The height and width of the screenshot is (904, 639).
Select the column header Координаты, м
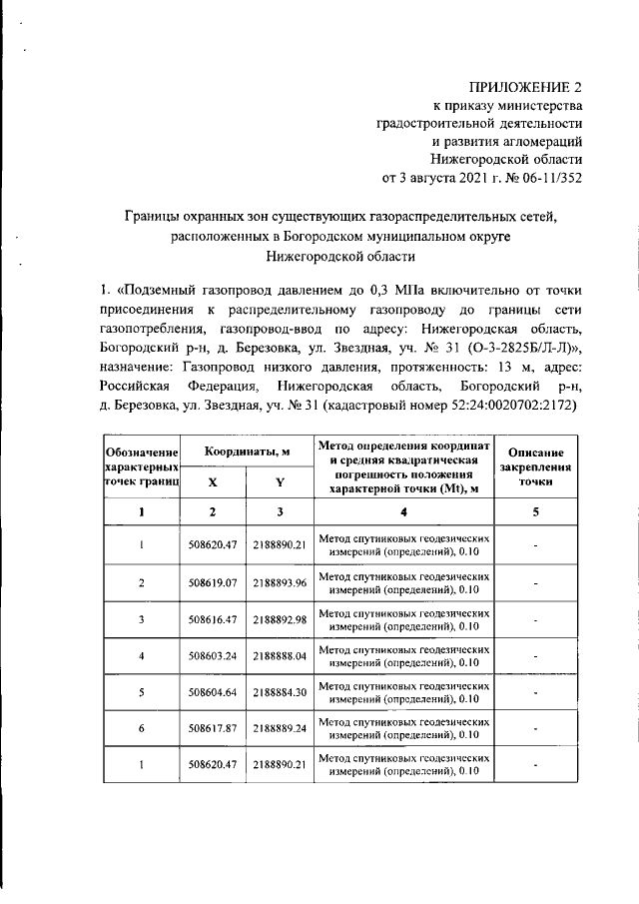(x=247, y=452)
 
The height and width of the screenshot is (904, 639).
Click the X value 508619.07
(x=213, y=582)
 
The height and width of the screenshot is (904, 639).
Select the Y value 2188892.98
(x=280, y=619)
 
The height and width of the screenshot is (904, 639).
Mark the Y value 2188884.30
(x=280, y=692)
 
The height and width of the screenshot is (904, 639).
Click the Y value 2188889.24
(x=280, y=729)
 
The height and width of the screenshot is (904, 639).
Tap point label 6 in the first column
(x=142, y=729)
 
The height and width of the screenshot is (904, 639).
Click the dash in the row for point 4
(x=536, y=656)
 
